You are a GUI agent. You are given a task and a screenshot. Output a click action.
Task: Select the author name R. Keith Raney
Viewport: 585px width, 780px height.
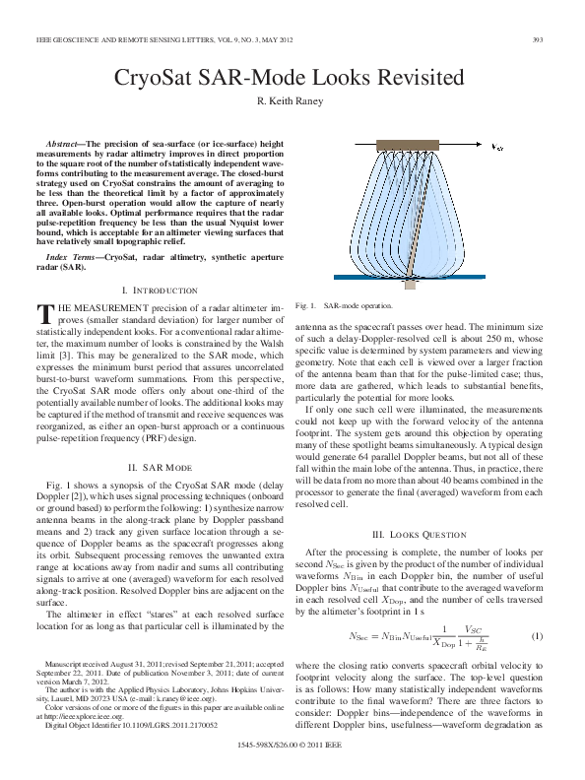click(292, 101)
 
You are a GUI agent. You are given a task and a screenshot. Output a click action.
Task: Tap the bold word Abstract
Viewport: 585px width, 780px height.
click(68, 145)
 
